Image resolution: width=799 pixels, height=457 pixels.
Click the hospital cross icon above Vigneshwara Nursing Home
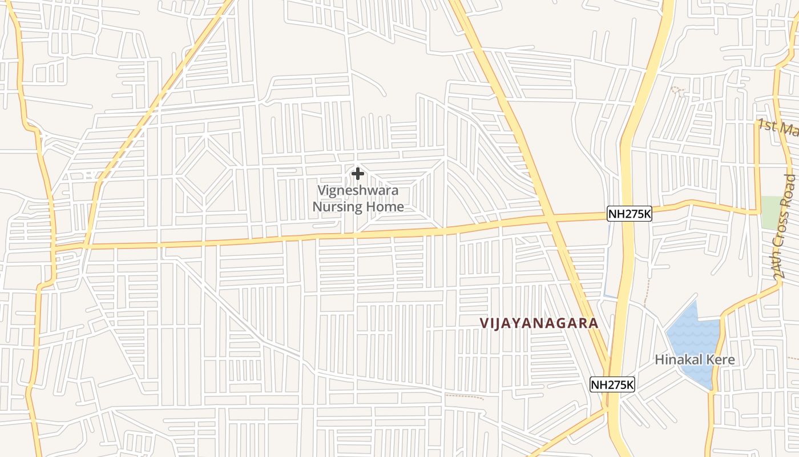[x=358, y=173]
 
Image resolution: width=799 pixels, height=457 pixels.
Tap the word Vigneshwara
[x=358, y=190]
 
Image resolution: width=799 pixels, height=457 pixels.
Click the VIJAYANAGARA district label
[x=539, y=323]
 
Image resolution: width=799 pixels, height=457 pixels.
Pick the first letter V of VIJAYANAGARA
[x=484, y=323]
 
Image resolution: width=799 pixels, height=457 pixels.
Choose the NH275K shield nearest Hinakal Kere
[x=612, y=384]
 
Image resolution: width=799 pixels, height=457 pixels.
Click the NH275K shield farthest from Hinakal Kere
[x=629, y=214]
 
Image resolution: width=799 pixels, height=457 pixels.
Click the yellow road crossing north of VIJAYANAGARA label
[x=551, y=217]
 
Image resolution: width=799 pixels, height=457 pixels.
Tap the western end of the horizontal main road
[x=57, y=248]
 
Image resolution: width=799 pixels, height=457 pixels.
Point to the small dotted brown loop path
[x=677, y=89]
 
